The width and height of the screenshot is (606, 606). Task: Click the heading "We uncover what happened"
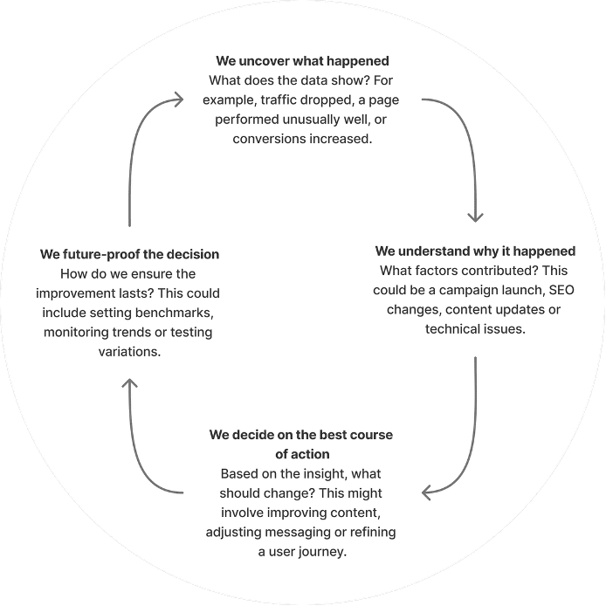tap(302, 62)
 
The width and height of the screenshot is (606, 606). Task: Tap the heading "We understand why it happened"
tap(475, 251)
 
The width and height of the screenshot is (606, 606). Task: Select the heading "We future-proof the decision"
tap(129, 255)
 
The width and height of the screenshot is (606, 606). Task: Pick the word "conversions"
tap(271, 139)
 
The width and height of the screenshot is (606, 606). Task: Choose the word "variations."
tap(129, 351)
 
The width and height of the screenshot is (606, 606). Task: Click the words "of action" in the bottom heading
tap(302, 454)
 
